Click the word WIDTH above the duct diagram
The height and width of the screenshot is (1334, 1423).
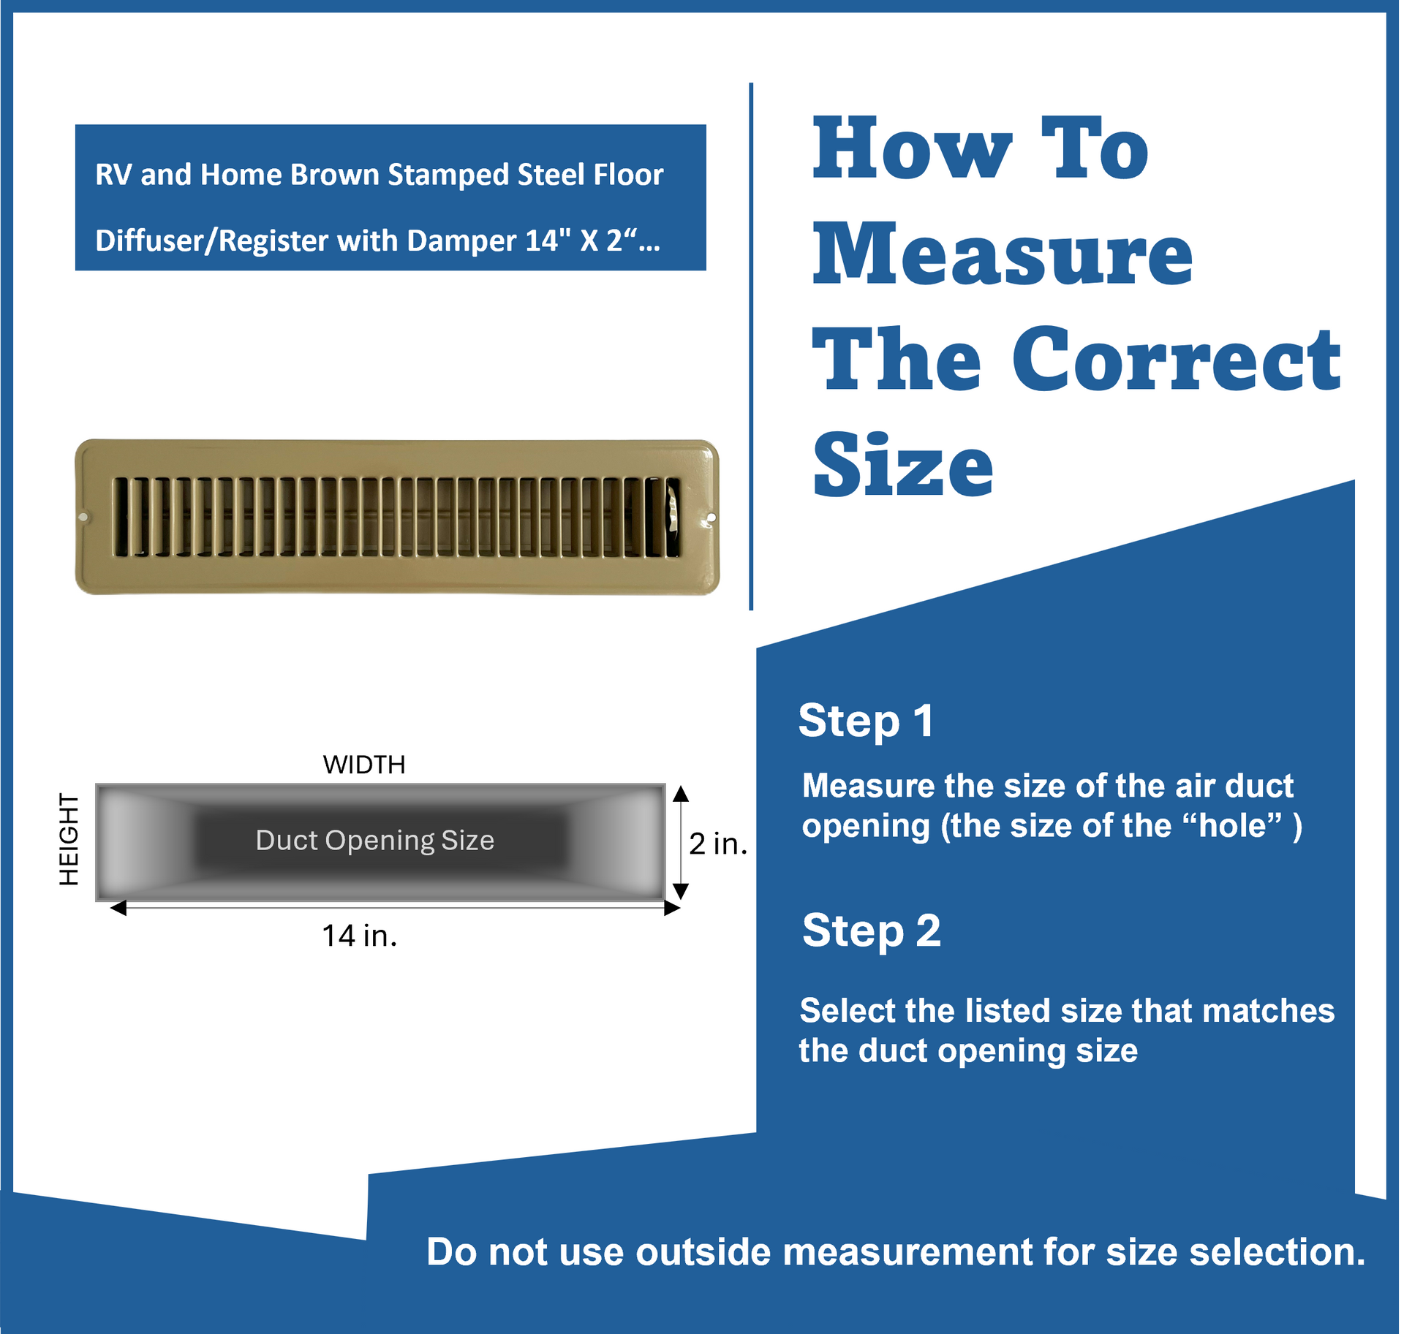point(364,765)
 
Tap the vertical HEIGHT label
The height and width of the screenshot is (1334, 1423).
point(69,840)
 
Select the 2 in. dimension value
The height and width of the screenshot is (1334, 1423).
point(718,844)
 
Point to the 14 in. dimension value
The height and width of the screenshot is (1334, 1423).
point(360,936)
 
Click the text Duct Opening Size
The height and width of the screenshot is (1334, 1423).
point(375,841)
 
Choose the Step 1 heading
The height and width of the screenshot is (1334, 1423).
point(866,721)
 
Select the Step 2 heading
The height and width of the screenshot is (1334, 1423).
point(872,931)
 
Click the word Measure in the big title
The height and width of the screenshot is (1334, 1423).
point(1003,254)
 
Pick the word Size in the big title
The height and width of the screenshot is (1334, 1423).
point(903,465)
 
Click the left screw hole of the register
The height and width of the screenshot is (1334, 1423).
point(83,518)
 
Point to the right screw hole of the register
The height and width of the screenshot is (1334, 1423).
point(711,518)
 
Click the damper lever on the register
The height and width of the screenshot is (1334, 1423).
point(671,518)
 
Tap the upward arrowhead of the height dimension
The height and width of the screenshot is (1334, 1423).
point(681,794)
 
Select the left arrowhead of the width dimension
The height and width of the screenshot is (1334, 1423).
point(118,908)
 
